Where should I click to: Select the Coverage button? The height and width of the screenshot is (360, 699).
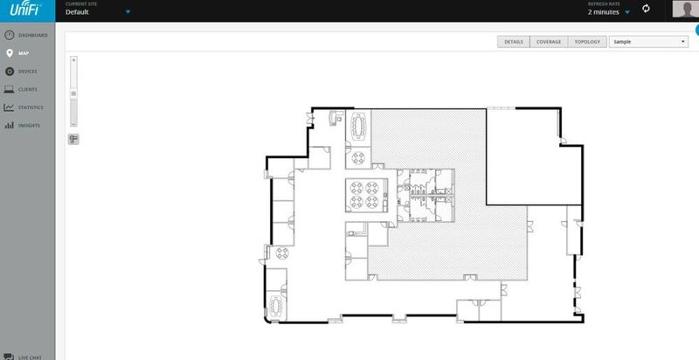[549, 41]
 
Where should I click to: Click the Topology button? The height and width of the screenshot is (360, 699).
[587, 41]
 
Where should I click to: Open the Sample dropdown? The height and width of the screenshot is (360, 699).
[649, 41]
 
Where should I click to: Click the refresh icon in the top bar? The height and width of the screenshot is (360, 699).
[647, 9]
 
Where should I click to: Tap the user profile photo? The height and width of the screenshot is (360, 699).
[686, 10]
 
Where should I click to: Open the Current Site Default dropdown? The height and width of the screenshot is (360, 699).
[98, 11]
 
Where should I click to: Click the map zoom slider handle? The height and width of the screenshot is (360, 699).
[73, 93]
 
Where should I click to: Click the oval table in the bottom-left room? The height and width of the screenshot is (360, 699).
[279, 306]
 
